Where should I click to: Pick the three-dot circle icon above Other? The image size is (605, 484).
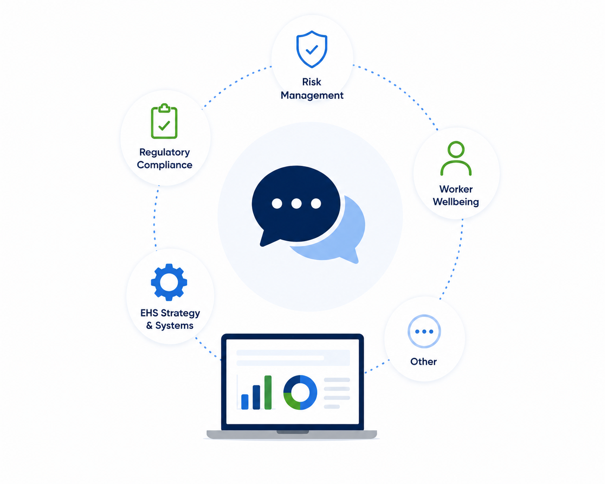pos(424,331)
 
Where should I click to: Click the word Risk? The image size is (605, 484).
pos(312,82)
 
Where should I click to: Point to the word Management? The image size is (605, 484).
pos(312,96)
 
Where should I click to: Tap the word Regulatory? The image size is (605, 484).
pos(164,152)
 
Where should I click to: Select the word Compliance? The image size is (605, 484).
pos(164,165)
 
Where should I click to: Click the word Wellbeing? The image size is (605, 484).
pos(456,202)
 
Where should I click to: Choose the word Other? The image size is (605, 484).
pos(423,361)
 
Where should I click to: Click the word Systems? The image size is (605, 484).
pos(174,326)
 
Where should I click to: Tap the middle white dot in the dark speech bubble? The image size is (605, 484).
pos(296,203)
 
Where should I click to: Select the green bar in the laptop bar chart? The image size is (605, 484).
pos(268,392)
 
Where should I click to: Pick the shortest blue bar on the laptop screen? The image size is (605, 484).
pos(245,402)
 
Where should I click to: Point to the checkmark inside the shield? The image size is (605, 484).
pos(312,50)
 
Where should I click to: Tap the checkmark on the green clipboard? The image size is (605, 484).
pos(164,126)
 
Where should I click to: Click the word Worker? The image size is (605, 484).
pos(456,189)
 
